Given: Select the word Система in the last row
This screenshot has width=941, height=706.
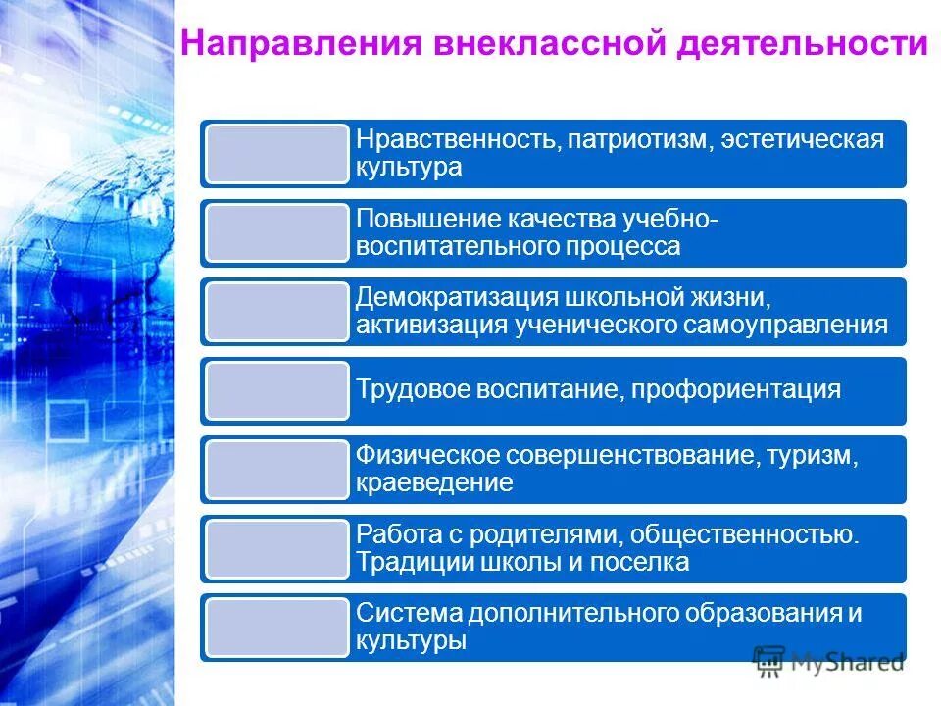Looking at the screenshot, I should [x=409, y=615].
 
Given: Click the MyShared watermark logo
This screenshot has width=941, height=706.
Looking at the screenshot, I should [x=828, y=661].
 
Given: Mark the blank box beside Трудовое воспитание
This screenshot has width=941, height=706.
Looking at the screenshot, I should [x=276, y=390].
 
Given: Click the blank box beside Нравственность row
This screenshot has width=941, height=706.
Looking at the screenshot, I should [x=276, y=154].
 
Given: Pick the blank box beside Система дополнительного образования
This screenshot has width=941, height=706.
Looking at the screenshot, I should [x=276, y=628].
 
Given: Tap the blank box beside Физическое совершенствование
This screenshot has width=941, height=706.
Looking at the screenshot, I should [x=276, y=470].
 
